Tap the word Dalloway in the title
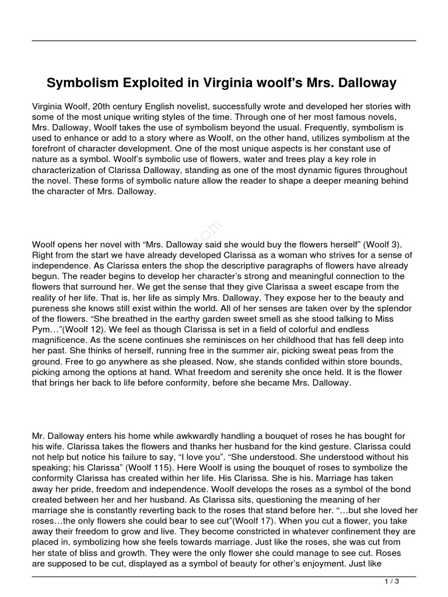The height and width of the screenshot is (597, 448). click(x=366, y=83)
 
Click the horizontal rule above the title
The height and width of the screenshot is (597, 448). click(x=224, y=40)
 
